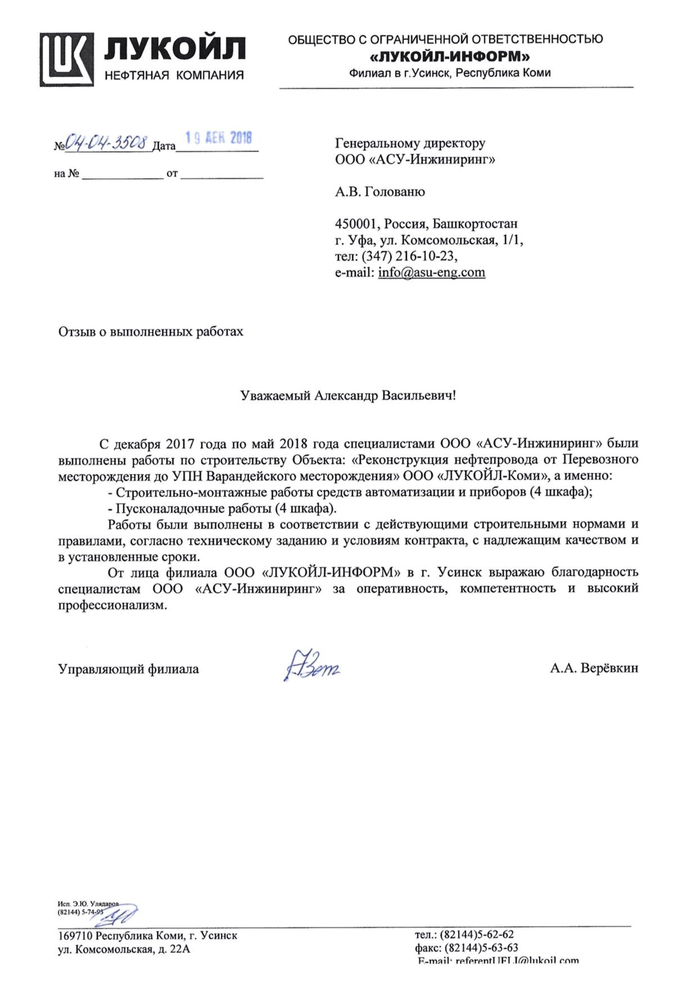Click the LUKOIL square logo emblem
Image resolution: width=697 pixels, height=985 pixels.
(x=66, y=60)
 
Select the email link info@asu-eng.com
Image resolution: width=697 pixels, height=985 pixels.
(x=431, y=272)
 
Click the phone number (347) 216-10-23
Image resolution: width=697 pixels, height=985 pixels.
(x=409, y=256)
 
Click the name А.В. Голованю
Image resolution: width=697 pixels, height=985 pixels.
(x=380, y=192)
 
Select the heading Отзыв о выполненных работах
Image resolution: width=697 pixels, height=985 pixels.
(x=151, y=331)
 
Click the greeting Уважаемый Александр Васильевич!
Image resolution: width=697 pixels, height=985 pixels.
(x=348, y=395)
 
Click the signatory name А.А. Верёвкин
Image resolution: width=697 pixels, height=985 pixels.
(x=594, y=668)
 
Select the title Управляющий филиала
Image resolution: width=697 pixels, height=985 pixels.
(x=128, y=669)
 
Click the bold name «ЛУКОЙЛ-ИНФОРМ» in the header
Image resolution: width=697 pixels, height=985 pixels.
(x=450, y=56)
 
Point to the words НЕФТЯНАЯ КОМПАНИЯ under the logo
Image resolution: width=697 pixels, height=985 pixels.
(x=174, y=75)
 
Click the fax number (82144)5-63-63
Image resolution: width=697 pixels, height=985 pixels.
(x=481, y=948)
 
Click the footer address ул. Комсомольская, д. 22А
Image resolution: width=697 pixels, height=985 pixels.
(x=124, y=949)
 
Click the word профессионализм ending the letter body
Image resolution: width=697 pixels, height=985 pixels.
(x=112, y=605)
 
